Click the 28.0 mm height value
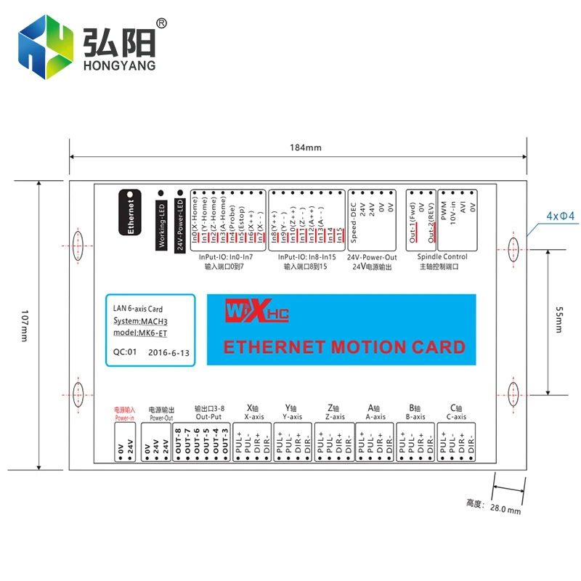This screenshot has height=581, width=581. point(505,509)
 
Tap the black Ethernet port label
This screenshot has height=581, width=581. point(131,214)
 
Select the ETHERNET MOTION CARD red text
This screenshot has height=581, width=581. point(344,347)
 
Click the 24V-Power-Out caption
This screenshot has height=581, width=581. point(372,257)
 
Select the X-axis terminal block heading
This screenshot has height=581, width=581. point(255,417)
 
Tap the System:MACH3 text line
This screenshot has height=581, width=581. point(141,321)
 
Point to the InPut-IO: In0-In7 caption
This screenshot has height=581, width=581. point(226,257)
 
